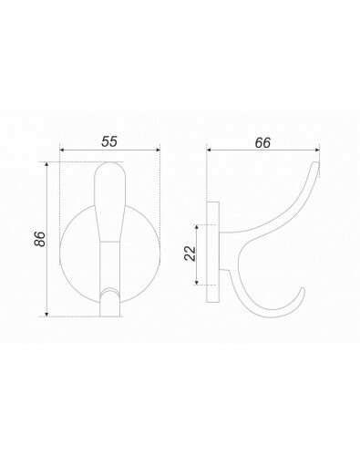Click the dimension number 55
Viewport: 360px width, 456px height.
[109, 141]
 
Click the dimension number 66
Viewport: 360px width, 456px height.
[262, 143]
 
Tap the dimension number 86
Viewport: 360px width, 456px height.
[40, 239]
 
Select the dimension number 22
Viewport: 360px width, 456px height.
[190, 254]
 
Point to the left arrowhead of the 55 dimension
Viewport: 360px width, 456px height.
[62, 150]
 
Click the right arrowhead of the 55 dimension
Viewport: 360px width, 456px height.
[158, 150]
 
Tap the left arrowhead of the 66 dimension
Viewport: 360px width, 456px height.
[209, 150]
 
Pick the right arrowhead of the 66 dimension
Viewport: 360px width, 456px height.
[317, 150]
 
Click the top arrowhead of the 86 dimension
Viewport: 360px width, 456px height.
[46, 164]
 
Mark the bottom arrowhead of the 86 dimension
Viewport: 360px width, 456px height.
[46, 315]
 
